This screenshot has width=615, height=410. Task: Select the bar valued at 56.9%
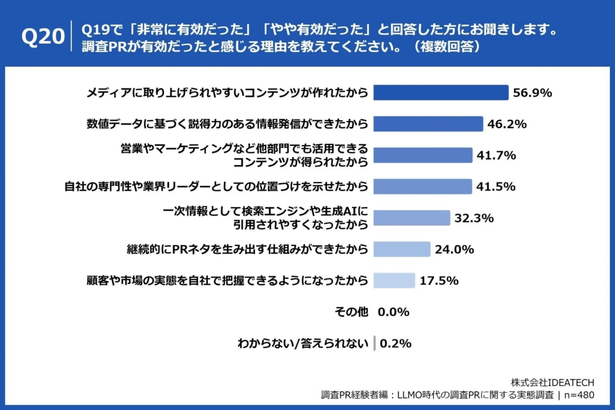tap(441, 93)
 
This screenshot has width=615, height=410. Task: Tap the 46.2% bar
tap(428, 124)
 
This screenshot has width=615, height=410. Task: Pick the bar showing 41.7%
tap(423, 155)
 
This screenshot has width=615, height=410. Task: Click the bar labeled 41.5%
tap(422, 187)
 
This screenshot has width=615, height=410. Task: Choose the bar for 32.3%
tap(412, 218)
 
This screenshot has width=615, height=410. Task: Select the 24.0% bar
tap(402, 249)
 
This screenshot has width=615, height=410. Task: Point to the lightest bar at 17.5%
tap(394, 280)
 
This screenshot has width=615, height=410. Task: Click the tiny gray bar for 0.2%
tap(375, 343)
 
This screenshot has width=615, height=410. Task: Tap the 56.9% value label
tap(532, 93)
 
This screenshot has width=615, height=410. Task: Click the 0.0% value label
tap(394, 312)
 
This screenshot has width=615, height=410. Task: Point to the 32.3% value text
tap(474, 218)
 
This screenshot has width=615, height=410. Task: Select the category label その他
tap(351, 312)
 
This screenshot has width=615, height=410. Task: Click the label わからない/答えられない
tap(303, 343)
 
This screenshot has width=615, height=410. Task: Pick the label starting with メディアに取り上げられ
tap(227, 93)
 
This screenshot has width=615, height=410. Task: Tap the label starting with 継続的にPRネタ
tap(248, 249)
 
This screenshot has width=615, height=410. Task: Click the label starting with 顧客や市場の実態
tap(227, 280)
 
